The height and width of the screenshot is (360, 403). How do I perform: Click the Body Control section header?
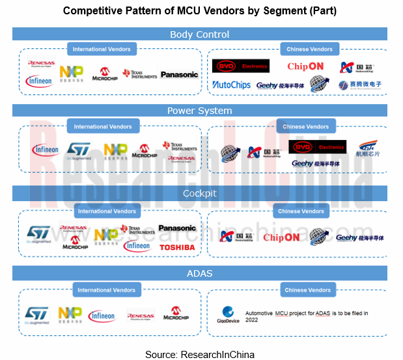[199, 35]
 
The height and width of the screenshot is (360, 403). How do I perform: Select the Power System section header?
[199, 111]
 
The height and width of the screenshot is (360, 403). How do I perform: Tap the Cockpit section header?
[199, 193]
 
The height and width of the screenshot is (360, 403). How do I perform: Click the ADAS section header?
[199, 273]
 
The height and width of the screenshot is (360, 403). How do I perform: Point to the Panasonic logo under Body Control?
[179, 75]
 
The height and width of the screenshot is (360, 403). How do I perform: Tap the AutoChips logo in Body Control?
[231, 85]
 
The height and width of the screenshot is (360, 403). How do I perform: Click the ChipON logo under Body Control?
[305, 66]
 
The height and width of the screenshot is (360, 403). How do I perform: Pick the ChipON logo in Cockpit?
[281, 238]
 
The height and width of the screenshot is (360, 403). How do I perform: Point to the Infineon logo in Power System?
[45, 150]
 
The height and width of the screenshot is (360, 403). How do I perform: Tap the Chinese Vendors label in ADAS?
[307, 290]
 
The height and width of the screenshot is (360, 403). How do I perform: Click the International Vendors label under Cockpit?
[107, 212]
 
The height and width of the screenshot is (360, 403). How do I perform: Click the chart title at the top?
[199, 11]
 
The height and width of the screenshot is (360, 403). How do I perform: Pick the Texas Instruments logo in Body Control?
[140, 74]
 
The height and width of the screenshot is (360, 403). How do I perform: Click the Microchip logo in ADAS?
[175, 314]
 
